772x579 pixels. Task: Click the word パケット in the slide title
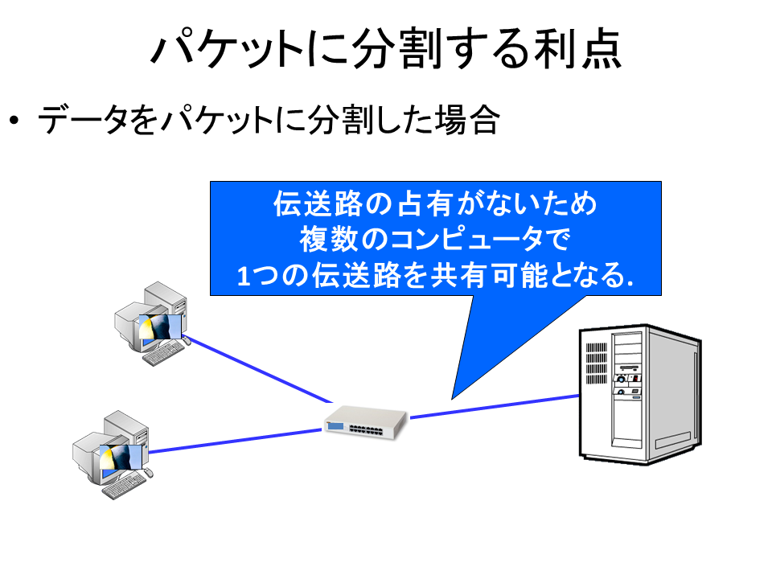click(x=227, y=49)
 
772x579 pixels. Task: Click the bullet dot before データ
click(x=14, y=120)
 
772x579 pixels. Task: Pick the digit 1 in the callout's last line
click(x=244, y=276)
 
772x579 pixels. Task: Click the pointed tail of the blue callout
click(x=452, y=398)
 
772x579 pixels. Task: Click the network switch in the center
click(x=366, y=422)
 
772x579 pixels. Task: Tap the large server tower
click(x=640, y=394)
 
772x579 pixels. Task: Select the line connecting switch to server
click(x=495, y=407)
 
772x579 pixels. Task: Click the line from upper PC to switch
click(x=257, y=369)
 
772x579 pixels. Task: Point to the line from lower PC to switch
click(x=235, y=441)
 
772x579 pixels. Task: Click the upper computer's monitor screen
click(x=160, y=327)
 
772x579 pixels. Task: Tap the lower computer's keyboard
click(x=124, y=487)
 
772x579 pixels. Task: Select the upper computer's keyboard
click(x=163, y=353)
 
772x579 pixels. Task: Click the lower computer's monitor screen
click(x=121, y=458)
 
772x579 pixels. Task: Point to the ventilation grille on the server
click(x=596, y=363)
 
